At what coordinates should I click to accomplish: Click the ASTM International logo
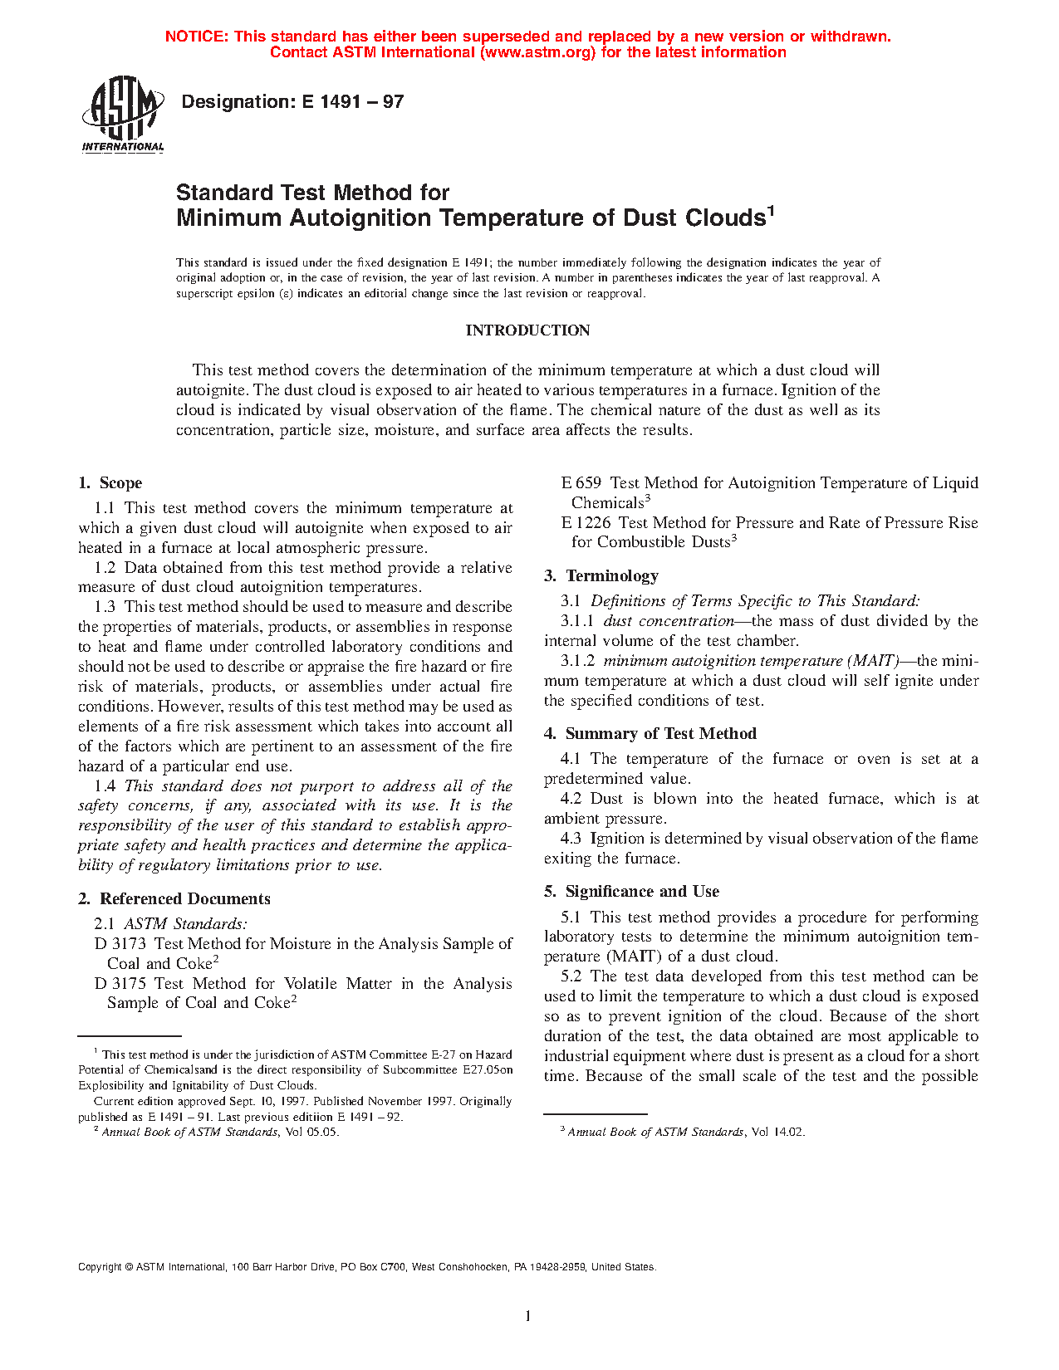(122, 114)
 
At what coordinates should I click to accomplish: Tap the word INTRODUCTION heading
(527, 330)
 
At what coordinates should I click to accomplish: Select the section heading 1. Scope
(110, 483)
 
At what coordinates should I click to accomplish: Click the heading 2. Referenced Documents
(174, 899)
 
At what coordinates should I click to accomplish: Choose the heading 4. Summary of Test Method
(650, 734)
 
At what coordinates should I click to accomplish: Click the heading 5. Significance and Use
(632, 892)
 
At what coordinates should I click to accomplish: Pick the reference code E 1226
(586, 523)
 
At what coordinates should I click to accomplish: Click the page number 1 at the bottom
(527, 1315)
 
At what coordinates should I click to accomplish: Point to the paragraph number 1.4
(105, 786)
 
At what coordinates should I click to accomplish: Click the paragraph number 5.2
(571, 976)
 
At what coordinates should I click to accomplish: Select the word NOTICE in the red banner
(196, 37)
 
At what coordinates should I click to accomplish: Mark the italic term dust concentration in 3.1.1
(669, 621)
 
